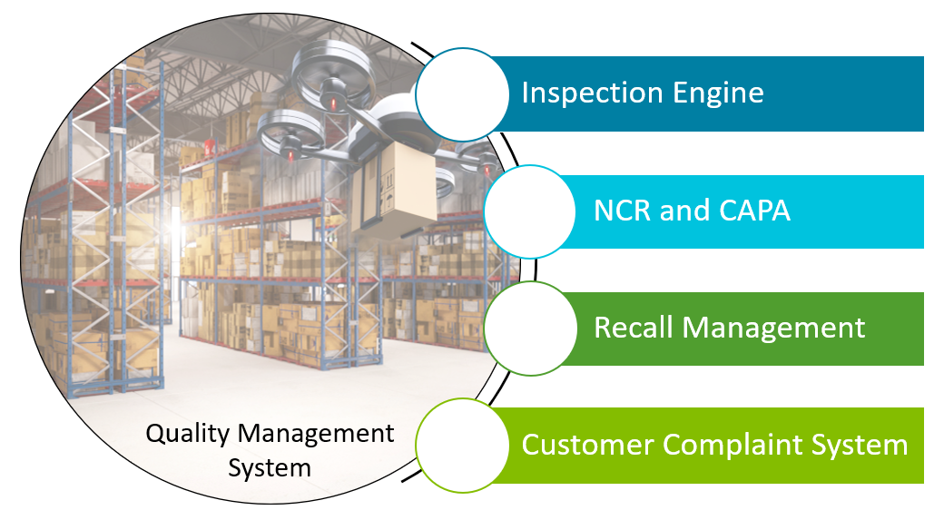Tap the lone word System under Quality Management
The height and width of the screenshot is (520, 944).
[x=270, y=468]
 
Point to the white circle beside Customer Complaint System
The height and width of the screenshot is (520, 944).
[x=462, y=445]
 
